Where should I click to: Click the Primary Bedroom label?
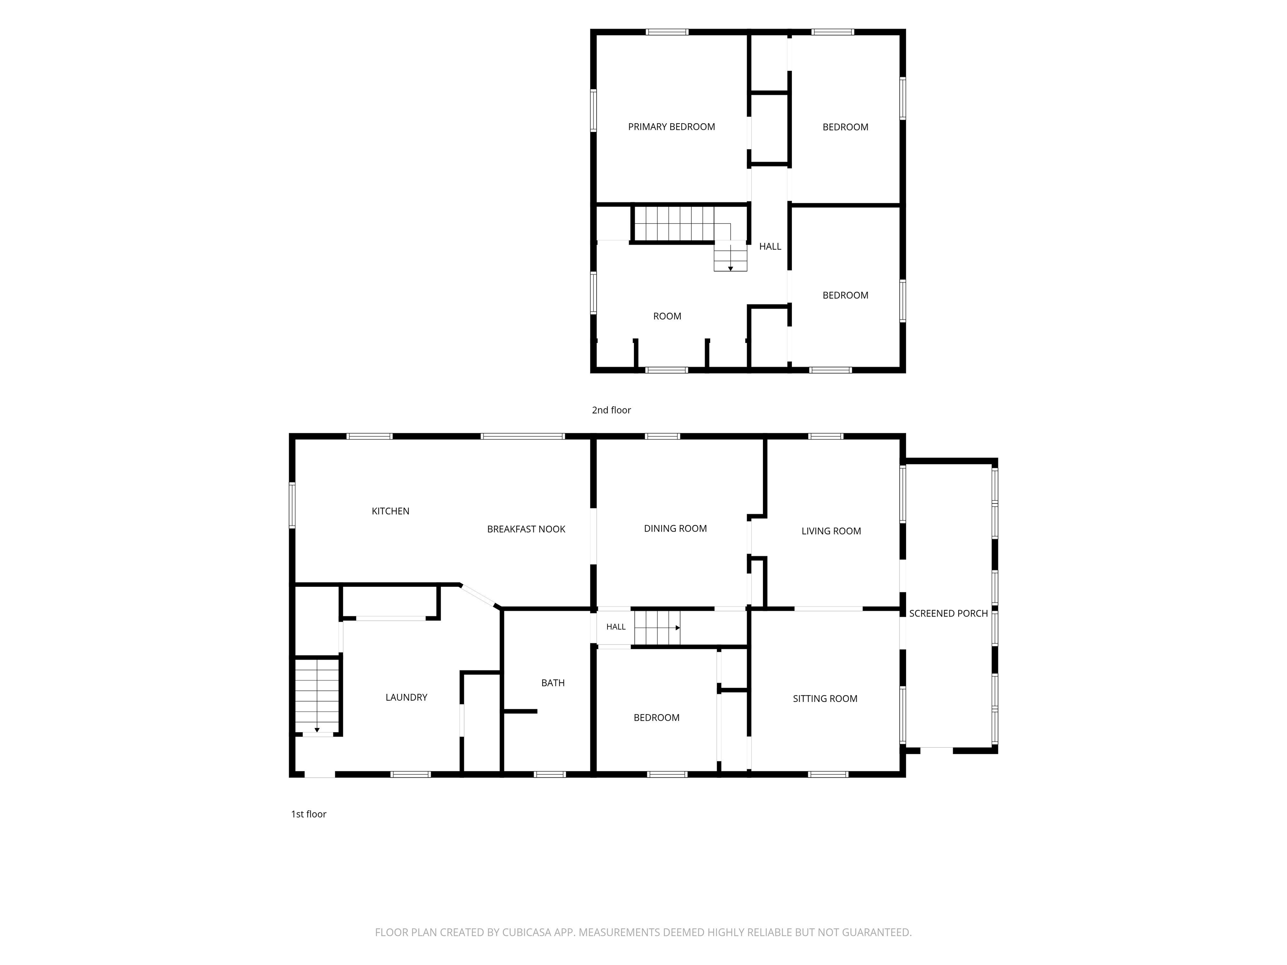[x=672, y=127]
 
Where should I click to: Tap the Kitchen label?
[x=390, y=511]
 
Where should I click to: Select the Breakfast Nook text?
[x=526, y=529]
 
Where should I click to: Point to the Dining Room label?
[x=675, y=529]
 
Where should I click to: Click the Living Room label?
[x=831, y=531]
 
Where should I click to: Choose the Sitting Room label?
[x=825, y=699]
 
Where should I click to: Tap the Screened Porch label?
[x=948, y=613]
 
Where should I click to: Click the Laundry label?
[x=406, y=697]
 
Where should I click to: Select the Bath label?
[x=553, y=683]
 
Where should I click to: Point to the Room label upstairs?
[x=667, y=317]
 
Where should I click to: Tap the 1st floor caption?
[x=308, y=814]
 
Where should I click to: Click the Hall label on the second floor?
[x=770, y=247]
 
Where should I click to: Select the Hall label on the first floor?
[x=615, y=627]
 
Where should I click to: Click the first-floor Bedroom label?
[x=656, y=718]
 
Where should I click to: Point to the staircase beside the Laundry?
[x=317, y=696]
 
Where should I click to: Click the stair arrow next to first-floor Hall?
[x=657, y=628]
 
